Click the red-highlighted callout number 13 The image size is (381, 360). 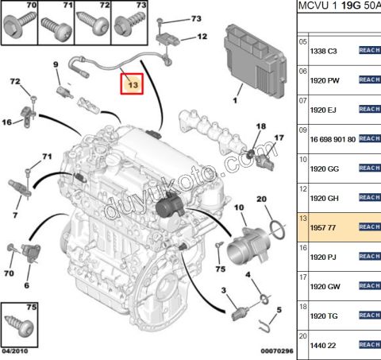click(x=132, y=83)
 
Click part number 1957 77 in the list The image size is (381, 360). click(x=321, y=226)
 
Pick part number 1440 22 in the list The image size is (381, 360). click(x=321, y=345)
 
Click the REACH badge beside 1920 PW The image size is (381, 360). click(x=369, y=79)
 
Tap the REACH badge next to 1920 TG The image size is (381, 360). click(x=369, y=315)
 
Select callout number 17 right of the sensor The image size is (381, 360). click(x=279, y=137)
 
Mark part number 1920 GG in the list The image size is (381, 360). click(x=321, y=168)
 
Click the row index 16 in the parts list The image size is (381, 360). click(x=302, y=248)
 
